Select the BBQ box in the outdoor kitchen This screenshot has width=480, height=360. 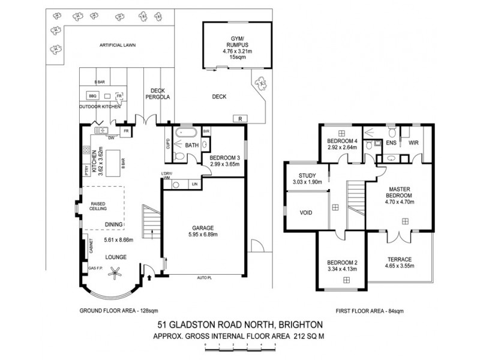point(92,95)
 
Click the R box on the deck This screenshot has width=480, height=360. point(240,118)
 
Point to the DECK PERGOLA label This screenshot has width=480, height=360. point(159,93)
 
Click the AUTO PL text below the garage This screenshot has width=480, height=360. point(206,278)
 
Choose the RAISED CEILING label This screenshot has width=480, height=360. point(98,208)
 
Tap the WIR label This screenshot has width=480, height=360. point(413,143)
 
